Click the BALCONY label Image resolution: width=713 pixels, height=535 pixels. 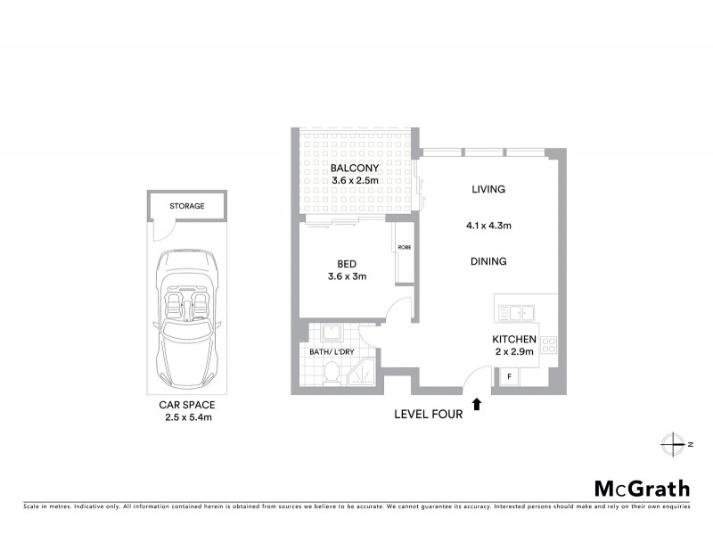[355, 168]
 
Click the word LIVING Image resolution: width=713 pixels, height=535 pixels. [488, 189]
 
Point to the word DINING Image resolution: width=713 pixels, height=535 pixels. [488, 261]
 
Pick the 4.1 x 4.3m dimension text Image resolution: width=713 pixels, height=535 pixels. [488, 226]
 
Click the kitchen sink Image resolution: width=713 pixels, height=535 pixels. [514, 313]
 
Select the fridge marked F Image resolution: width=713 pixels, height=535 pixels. [510, 377]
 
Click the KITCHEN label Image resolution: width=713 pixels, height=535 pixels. [514, 339]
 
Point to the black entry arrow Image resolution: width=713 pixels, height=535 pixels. [477, 404]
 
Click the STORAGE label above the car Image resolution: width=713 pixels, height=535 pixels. [187, 206]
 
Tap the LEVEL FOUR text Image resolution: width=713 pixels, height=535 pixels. [429, 414]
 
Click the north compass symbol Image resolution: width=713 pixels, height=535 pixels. [671, 443]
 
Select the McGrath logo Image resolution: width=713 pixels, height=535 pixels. [641, 488]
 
